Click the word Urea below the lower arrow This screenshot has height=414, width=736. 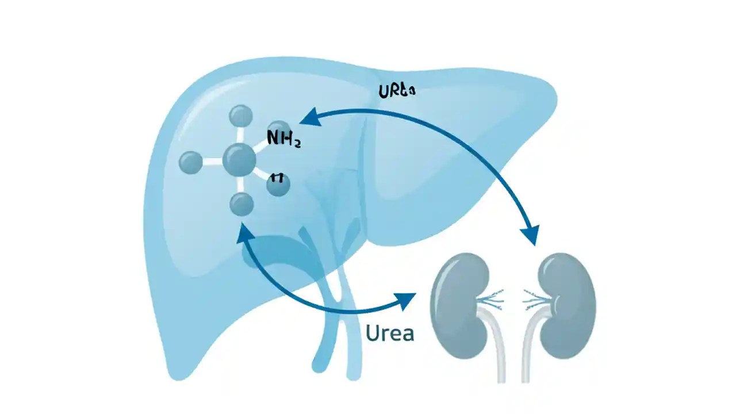pyautogui.click(x=389, y=333)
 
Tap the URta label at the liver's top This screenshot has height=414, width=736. pyautogui.click(x=397, y=91)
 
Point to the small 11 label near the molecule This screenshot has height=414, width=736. pyautogui.click(x=277, y=177)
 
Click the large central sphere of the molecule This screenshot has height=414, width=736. pyautogui.click(x=239, y=160)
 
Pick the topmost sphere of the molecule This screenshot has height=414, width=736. pyautogui.click(x=241, y=116)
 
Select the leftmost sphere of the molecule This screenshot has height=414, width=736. pyautogui.click(x=191, y=162)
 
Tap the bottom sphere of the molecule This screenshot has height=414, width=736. pyautogui.click(x=241, y=204)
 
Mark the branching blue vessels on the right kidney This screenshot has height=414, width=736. pyautogui.click(x=534, y=298)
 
